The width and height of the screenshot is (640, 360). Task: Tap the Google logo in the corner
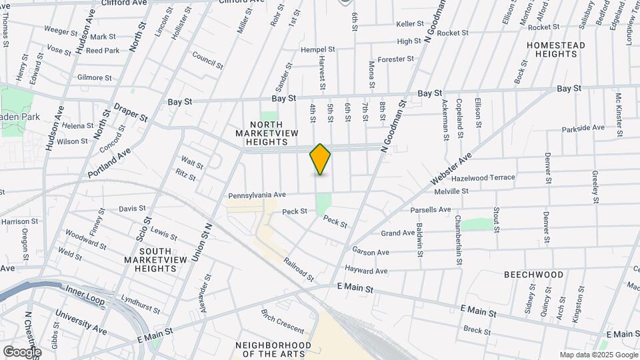pos(22,351)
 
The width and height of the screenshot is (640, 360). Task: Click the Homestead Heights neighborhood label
pos(555,51)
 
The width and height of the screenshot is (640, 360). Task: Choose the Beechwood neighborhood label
pos(533,275)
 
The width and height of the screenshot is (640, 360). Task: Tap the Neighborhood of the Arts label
pos(273,349)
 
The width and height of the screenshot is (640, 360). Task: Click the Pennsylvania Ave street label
pos(257,195)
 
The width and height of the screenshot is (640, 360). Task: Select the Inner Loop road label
pos(85,295)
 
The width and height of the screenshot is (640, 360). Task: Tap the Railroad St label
pos(297,269)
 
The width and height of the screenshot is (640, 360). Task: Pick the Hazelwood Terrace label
pos(483,178)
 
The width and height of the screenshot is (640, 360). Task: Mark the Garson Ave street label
pos(371,253)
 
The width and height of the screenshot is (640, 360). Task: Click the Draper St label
pos(131,113)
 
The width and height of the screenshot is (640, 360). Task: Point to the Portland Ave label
pos(109,163)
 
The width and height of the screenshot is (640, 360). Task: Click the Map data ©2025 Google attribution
pos(598,355)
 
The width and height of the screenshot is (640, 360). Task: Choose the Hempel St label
pos(318,50)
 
